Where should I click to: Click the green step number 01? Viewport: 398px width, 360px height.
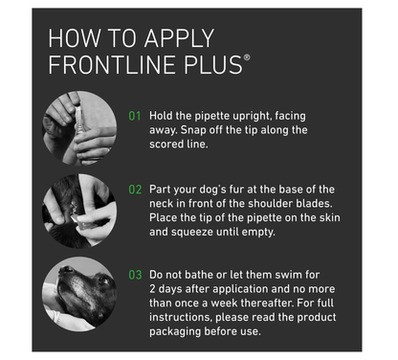point(136,117)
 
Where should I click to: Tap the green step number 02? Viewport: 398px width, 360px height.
point(136,189)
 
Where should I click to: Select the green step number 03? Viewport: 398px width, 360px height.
point(136,275)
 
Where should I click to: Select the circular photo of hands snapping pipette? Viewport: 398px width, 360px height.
point(79,128)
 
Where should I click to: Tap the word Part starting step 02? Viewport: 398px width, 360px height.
point(164,189)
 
